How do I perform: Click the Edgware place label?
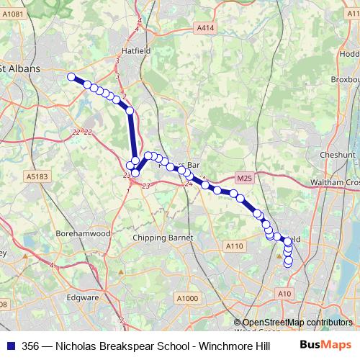tap(83, 297)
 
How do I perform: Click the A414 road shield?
tap(205, 28)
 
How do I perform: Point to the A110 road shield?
tap(235, 246)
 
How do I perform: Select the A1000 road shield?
tap(187, 299)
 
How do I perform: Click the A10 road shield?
tap(285, 294)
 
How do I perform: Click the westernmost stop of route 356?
tap(71, 77)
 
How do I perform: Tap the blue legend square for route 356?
tap(10, 345)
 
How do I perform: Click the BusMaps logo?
tap(325, 344)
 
